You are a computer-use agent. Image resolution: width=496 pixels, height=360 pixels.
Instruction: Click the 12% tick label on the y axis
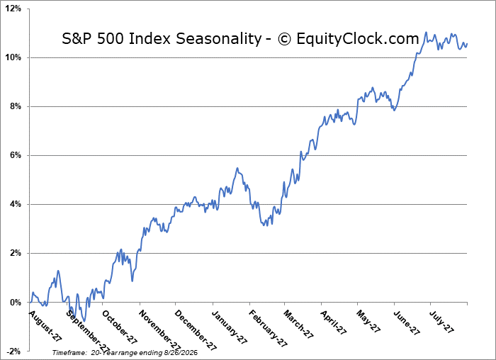coord(13,9)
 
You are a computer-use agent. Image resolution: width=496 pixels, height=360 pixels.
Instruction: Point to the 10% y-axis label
coord(13,57)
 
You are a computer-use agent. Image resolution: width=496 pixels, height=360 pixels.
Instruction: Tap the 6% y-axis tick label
coord(16,155)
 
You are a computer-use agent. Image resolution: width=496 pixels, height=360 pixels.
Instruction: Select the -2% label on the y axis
coord(14,351)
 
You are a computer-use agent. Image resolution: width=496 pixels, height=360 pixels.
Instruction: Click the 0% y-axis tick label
coord(16,302)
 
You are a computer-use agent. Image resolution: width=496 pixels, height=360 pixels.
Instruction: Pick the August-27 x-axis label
coord(45,326)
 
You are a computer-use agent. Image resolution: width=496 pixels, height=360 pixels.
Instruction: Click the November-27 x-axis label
coord(159,330)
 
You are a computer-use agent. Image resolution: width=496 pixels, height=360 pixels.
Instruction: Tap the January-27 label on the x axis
coord(230,327)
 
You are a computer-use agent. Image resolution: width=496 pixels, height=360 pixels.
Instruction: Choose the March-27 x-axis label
coord(298,325)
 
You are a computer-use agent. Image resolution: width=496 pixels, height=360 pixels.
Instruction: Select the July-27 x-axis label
coord(441,322)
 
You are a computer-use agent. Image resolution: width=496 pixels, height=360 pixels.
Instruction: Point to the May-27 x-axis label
coord(368,322)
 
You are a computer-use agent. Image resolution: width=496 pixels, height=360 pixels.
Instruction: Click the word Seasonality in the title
coord(218,39)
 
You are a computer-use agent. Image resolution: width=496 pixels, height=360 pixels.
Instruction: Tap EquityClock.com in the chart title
coord(358,39)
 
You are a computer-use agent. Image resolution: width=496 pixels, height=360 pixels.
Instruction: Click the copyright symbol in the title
coord(284,39)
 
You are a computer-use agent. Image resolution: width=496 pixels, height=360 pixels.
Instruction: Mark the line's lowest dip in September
coord(84,321)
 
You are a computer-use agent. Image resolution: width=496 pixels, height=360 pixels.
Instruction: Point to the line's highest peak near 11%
coord(426,32)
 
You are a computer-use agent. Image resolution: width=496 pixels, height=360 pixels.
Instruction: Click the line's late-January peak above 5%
coord(237,168)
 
